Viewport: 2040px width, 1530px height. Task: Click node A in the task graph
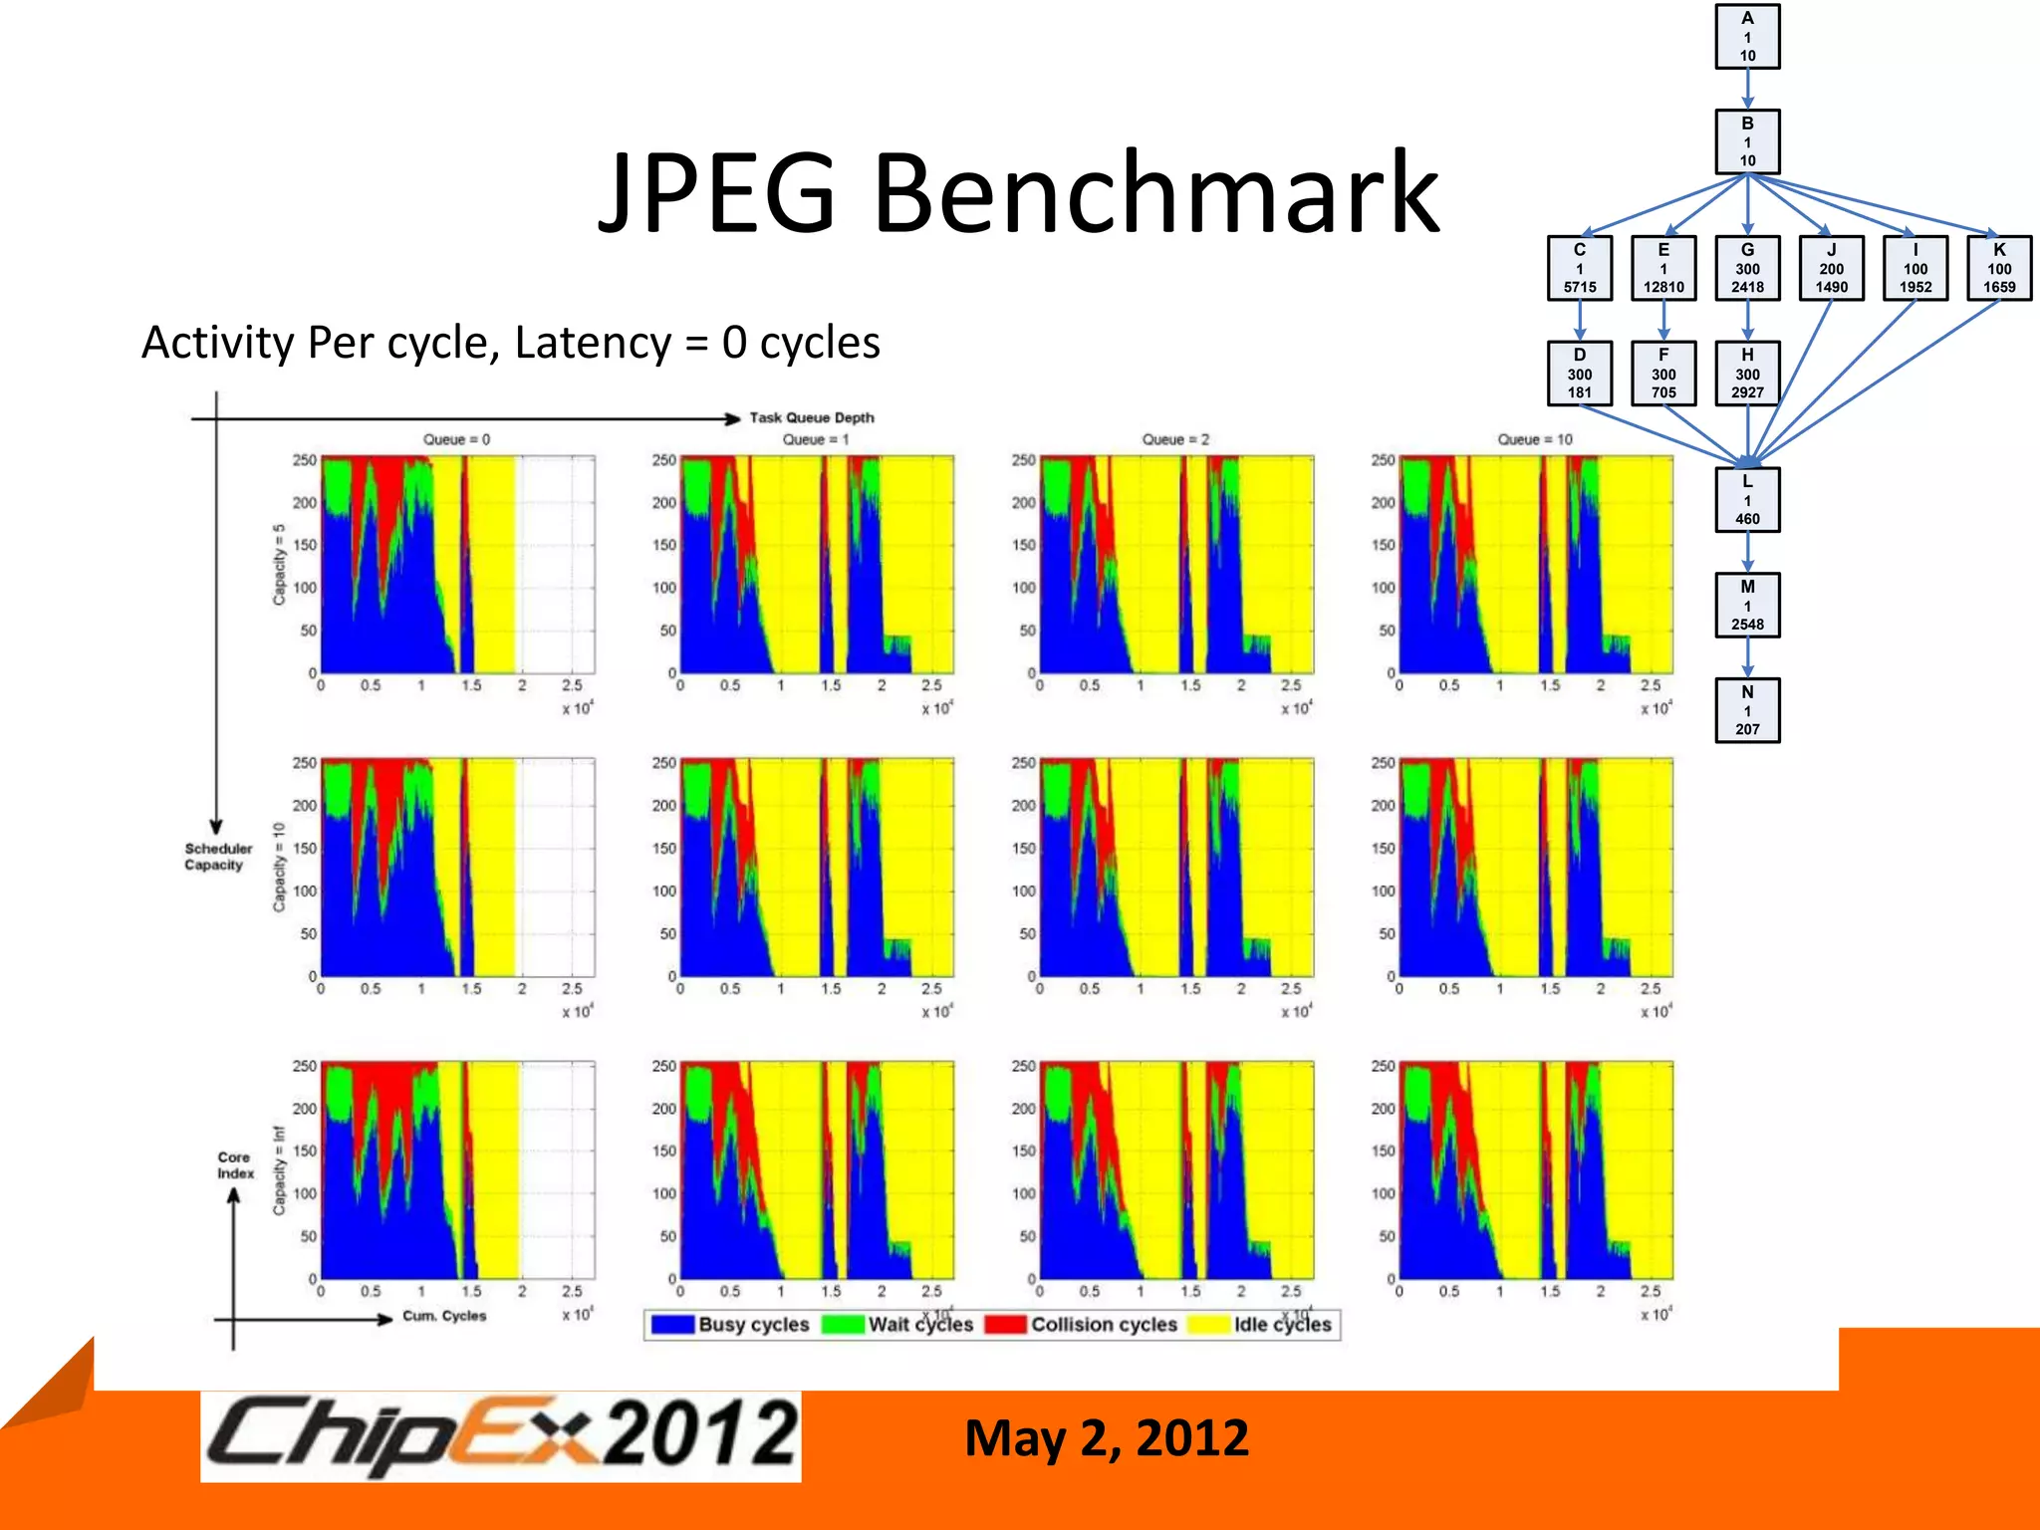[x=1747, y=37]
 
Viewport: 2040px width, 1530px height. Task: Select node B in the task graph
[x=1747, y=141]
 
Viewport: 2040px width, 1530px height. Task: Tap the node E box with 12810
[x=1663, y=268]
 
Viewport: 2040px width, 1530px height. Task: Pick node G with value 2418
[x=1747, y=268]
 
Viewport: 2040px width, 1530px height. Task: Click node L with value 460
[x=1747, y=500]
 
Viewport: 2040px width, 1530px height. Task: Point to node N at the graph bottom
[x=1747, y=710]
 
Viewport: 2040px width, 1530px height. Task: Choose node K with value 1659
[x=1998, y=268]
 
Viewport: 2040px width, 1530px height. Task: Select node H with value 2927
[x=1747, y=374]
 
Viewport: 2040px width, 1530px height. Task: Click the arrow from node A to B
[x=1747, y=89]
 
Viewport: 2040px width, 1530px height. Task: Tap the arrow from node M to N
[x=1747, y=657]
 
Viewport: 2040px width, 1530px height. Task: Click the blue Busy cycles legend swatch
[x=672, y=1325]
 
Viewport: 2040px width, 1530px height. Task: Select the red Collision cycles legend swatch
[x=1005, y=1325]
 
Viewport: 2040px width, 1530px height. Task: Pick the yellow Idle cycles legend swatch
[x=1208, y=1325]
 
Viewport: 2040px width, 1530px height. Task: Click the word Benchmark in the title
[x=1155, y=192]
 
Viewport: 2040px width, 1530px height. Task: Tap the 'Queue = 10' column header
[x=1535, y=439]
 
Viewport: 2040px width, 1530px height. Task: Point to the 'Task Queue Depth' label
[x=812, y=417]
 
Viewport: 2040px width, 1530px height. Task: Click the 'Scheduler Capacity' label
[x=217, y=857]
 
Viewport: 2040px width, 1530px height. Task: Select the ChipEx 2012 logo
[x=501, y=1435]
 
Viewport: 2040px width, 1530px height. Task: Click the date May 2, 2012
[x=1106, y=1438]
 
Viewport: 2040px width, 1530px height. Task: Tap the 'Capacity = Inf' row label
[x=279, y=1170]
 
